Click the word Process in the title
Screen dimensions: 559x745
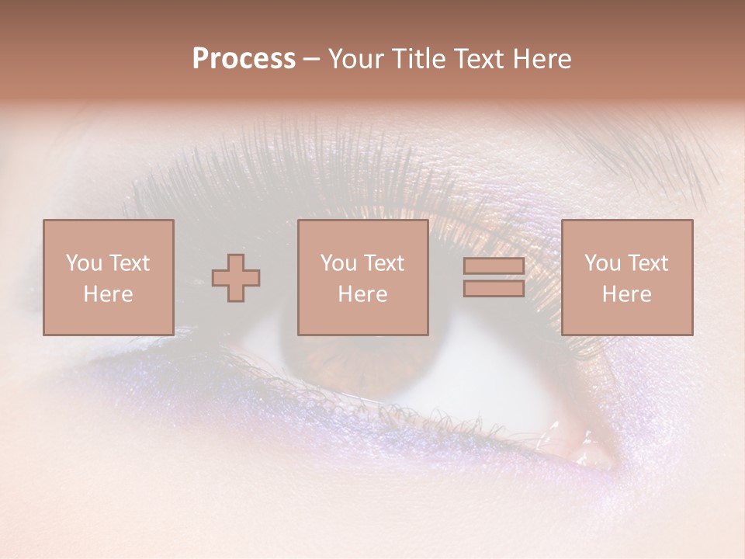pos(244,59)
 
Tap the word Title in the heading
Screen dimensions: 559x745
pos(418,59)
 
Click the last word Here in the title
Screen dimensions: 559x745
pos(542,59)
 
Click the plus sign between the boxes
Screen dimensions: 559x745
pos(236,278)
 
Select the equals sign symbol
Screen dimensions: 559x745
pos(494,277)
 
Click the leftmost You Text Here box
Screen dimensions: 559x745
pos(109,278)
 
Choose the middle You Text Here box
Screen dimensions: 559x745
pos(363,278)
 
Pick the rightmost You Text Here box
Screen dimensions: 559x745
pos(627,278)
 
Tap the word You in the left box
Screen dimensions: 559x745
pos(84,263)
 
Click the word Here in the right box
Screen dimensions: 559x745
pos(627,294)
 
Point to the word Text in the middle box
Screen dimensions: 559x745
pos(385,263)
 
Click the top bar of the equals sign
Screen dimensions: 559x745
pos(494,266)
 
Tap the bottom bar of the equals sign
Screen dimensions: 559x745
pos(494,288)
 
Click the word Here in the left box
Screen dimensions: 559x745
pos(109,294)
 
